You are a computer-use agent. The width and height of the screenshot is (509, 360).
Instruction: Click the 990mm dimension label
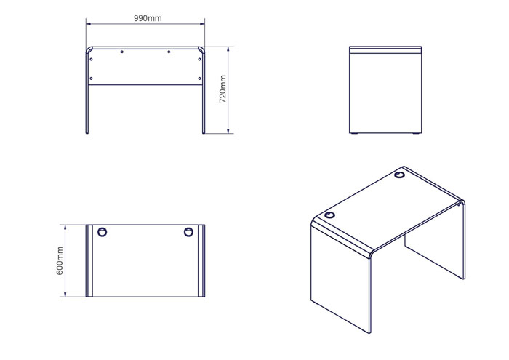pos(148,18)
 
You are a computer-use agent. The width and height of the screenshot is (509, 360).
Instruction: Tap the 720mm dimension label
pos(223,89)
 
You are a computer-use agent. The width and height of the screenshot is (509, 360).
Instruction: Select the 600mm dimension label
pos(60,260)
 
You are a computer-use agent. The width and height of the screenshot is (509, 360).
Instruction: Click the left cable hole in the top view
pos(103,232)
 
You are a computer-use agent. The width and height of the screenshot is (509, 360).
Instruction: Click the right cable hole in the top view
pos(188,232)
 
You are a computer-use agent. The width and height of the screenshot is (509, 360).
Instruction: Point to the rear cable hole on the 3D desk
pos(400,175)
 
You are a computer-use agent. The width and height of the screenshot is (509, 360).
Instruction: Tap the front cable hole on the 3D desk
pos(329,215)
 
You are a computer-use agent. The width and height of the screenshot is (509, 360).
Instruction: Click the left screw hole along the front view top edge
pos(121,52)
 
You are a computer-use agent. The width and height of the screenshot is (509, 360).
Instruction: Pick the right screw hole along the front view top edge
pos(169,52)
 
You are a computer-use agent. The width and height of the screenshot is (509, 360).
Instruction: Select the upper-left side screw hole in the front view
pos(91,60)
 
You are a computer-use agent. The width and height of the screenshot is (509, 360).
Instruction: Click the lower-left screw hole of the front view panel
pos(91,79)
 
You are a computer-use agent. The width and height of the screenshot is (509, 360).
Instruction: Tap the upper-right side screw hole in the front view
pos(200,60)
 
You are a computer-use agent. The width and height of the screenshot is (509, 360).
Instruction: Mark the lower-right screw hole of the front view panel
pos(200,79)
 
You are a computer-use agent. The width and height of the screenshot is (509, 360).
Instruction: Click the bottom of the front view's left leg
pos(87,132)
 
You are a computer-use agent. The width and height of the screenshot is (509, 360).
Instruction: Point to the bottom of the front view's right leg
pos(204,132)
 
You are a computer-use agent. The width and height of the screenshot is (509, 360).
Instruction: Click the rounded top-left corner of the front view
pos(88,49)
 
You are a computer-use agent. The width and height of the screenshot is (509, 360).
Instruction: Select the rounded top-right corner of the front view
pos(202,49)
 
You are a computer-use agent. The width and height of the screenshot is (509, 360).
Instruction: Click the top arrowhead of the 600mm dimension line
pos(65,227)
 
